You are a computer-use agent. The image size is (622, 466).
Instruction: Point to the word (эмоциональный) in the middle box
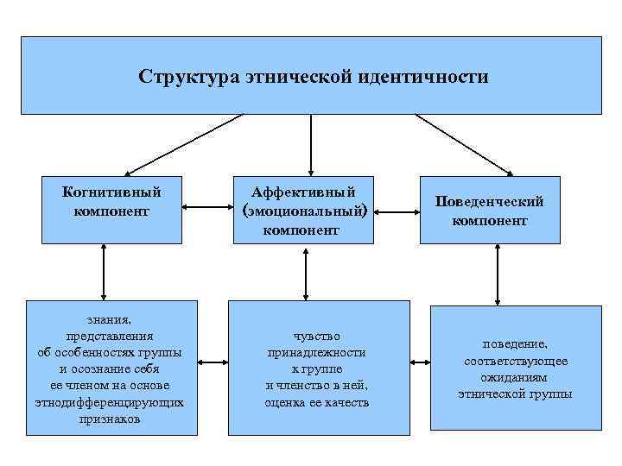click(309, 211)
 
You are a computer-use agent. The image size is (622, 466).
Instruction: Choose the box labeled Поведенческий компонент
click(489, 211)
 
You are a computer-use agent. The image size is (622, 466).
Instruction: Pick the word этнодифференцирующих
click(110, 402)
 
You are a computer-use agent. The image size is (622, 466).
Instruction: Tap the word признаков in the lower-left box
click(110, 419)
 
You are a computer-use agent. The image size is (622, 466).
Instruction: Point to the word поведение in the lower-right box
click(515, 343)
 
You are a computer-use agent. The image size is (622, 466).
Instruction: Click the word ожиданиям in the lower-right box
click(515, 377)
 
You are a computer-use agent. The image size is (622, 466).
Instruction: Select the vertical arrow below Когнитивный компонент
click(104, 272)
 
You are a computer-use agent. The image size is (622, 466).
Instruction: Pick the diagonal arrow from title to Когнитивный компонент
click(185, 145)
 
